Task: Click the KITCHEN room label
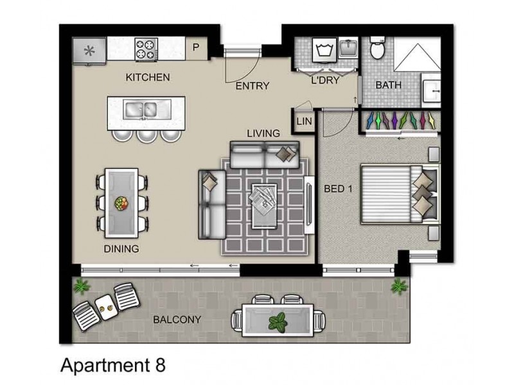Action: pos(147,78)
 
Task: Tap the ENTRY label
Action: pos(252,86)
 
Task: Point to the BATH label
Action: pos(388,85)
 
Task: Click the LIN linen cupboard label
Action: pos(303,121)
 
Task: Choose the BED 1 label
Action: pos(337,191)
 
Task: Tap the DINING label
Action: pos(121,248)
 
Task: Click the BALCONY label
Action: pos(177,320)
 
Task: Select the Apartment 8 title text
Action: pos(112,365)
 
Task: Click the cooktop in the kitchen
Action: pos(146,49)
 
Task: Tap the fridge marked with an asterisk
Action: pos(89,50)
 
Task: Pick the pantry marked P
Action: pos(196,47)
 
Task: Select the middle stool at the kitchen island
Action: pos(146,134)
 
